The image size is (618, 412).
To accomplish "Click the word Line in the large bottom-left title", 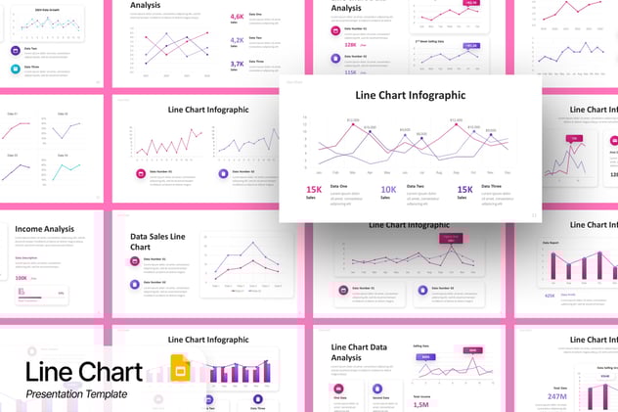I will [55, 373].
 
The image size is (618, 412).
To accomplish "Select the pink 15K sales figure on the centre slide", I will [314, 190].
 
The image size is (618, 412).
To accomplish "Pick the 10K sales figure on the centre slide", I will [388, 190].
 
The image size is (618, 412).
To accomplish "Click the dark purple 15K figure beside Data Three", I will [464, 190].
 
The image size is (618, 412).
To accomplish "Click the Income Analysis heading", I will [44, 229].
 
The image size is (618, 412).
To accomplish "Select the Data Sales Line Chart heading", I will [157, 242].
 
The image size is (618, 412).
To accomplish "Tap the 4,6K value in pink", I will [238, 17].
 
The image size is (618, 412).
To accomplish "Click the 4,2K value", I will [238, 40].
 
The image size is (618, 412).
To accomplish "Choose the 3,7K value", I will [238, 64].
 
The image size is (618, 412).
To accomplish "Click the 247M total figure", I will [557, 397].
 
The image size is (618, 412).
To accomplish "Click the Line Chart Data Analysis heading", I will [359, 352].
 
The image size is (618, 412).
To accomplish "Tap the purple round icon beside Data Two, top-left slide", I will [16, 50].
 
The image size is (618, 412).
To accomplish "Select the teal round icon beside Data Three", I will [16, 69].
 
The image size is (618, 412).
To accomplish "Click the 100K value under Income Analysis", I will [22, 278].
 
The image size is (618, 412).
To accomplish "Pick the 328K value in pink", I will [350, 44].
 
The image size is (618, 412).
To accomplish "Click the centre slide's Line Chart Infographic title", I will [410, 95].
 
